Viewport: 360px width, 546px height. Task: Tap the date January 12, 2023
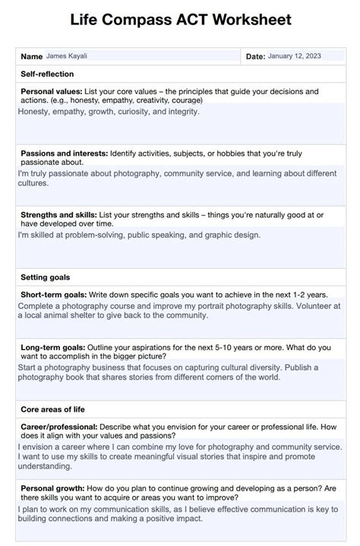[295, 55]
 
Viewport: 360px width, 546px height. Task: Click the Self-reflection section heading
[47, 74]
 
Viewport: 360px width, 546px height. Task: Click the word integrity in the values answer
[182, 112]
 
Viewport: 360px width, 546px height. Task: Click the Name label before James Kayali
[31, 56]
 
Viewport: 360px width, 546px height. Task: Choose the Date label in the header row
[255, 56]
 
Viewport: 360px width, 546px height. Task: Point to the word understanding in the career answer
[46, 467]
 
